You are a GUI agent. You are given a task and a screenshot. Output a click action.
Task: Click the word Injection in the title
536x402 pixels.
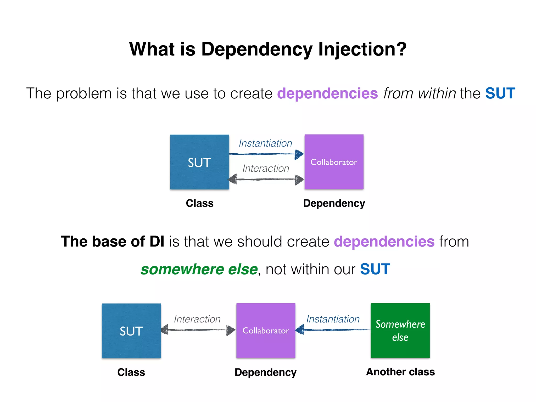(362, 49)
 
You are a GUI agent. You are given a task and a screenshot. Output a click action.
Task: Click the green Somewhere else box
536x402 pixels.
(400, 331)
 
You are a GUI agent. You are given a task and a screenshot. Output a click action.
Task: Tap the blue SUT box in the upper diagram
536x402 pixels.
(199, 162)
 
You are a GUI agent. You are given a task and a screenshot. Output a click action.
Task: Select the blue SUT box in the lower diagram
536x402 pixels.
(131, 331)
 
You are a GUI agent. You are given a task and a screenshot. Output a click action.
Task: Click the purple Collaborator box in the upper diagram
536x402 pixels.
(334, 162)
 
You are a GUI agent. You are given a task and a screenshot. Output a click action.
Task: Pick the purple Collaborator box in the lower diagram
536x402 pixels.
(266, 331)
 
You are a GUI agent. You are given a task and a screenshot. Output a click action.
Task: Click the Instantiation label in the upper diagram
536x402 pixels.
(265, 143)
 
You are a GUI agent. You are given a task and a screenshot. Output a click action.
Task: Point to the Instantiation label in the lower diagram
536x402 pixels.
(333, 319)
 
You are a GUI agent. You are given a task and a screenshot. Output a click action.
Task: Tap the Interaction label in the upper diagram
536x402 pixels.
(266, 168)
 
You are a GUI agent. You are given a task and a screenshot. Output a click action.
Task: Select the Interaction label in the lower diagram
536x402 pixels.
(197, 319)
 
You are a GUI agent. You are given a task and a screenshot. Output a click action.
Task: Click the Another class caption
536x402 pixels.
(400, 372)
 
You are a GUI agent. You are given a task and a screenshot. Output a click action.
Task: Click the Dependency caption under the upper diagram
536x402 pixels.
(334, 203)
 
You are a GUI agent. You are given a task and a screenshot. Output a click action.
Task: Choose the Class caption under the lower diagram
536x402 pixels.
(131, 372)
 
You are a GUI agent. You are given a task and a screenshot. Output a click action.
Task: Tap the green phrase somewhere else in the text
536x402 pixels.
(199, 269)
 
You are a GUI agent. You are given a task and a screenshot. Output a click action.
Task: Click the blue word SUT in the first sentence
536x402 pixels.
(500, 93)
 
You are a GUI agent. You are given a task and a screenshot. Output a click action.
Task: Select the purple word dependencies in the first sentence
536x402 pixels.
(327, 93)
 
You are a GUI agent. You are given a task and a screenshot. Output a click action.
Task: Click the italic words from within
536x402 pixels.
(420, 93)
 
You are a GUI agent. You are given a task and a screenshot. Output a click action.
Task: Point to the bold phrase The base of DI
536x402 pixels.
(113, 241)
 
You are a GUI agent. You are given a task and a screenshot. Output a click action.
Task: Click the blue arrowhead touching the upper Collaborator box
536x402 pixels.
(299, 154)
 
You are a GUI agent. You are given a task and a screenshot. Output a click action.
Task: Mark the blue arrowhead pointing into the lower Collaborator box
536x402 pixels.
(300, 330)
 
